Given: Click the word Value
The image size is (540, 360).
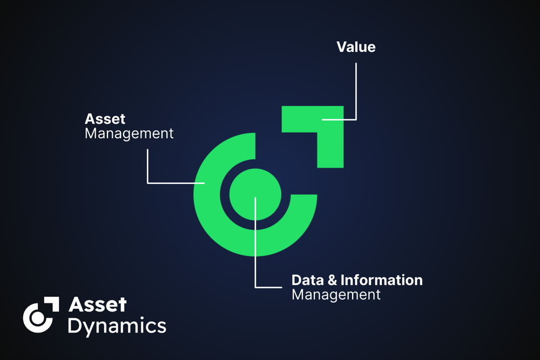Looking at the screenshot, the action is coord(356,47).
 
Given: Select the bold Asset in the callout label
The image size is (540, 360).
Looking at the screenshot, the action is coord(105,118).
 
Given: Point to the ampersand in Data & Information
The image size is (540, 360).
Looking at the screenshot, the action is coord(333,280).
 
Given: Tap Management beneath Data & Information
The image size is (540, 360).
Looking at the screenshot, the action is coord(336,295).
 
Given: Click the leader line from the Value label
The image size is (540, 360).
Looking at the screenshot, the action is coord(356,92).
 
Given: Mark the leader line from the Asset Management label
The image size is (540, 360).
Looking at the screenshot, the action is coord(147,167).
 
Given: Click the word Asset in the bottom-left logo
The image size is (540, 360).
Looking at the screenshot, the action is coord(97,305).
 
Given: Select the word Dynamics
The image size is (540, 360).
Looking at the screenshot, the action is coord(117,325).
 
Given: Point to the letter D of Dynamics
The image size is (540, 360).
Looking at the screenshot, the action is coord(75,325).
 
